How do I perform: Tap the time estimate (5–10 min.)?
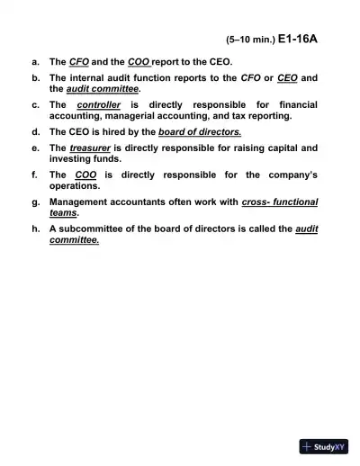coord(248,40)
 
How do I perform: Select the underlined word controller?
coord(99,105)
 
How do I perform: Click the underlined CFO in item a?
coord(79,62)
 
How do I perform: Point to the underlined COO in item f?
coord(86,175)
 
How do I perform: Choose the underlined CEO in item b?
coord(288,78)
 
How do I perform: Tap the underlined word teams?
coord(62,214)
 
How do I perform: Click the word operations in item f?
coord(76,185)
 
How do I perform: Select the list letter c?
coord(34,105)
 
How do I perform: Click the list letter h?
coord(34,229)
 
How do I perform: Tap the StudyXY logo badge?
coord(324,446)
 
